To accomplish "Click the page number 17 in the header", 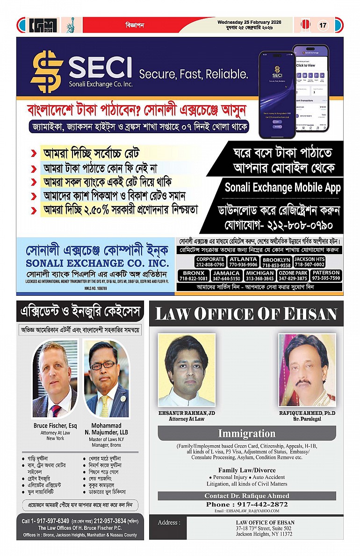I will point(323,25).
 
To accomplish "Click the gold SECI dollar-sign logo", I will point(47,71).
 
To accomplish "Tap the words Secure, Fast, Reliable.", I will point(194,74).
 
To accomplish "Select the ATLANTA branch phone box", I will point(243,262).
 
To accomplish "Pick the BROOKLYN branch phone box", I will point(276,262).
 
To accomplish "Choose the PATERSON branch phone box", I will point(326,276).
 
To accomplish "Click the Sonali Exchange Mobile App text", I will point(282,188).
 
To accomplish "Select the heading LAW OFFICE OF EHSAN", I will point(246,314).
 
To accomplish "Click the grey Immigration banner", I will point(246,433).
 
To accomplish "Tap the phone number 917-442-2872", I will point(246,505).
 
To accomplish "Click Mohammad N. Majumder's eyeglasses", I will point(104,365).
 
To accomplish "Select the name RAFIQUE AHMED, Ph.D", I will point(307,413).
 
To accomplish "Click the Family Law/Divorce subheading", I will point(246,470).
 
